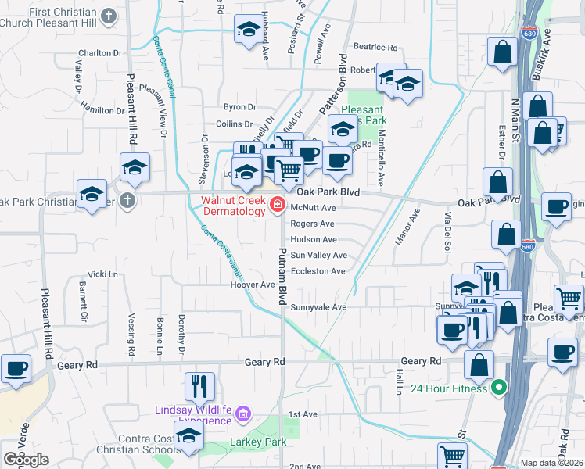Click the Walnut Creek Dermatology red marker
(276, 205)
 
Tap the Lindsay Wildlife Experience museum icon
(242, 413)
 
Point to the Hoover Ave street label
(253, 285)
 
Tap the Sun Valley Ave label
(318, 256)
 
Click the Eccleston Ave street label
(318, 271)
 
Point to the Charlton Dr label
(99, 54)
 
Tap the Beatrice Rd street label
(375, 47)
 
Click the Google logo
(26, 460)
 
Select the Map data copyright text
(552, 463)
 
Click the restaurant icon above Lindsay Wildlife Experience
(199, 385)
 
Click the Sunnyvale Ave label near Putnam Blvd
(318, 307)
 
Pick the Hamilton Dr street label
(102, 111)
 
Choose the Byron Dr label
(240, 107)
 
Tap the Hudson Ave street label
(314, 240)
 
